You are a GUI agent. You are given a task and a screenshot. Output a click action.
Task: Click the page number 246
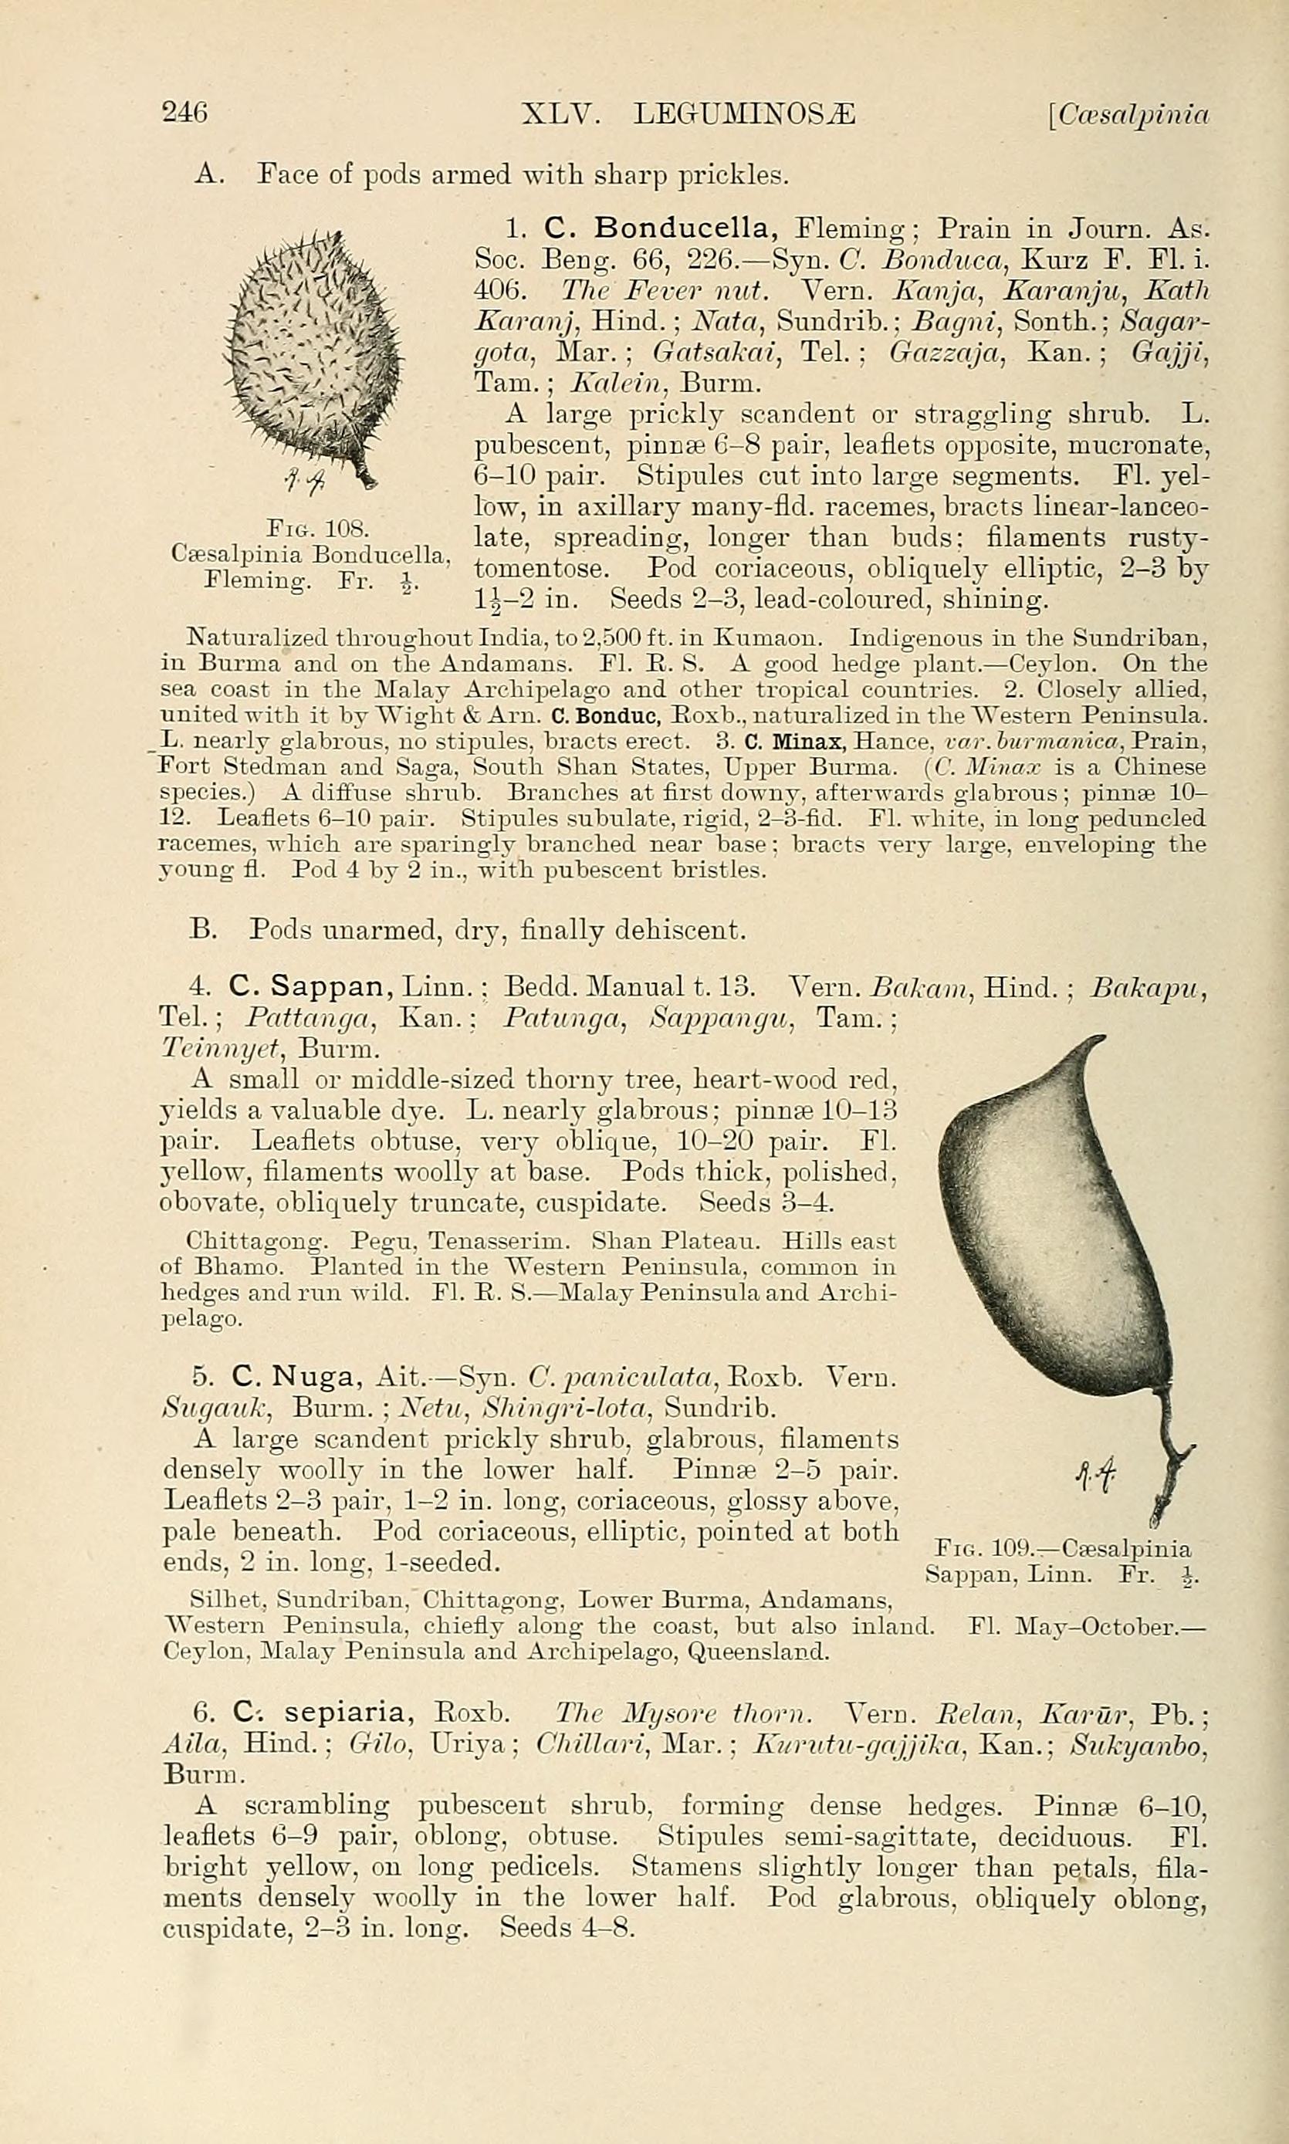coord(185,113)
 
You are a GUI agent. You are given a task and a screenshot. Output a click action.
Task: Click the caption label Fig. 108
coord(319,528)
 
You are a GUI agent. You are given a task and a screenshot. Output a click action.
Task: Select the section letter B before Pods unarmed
coord(201,930)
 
